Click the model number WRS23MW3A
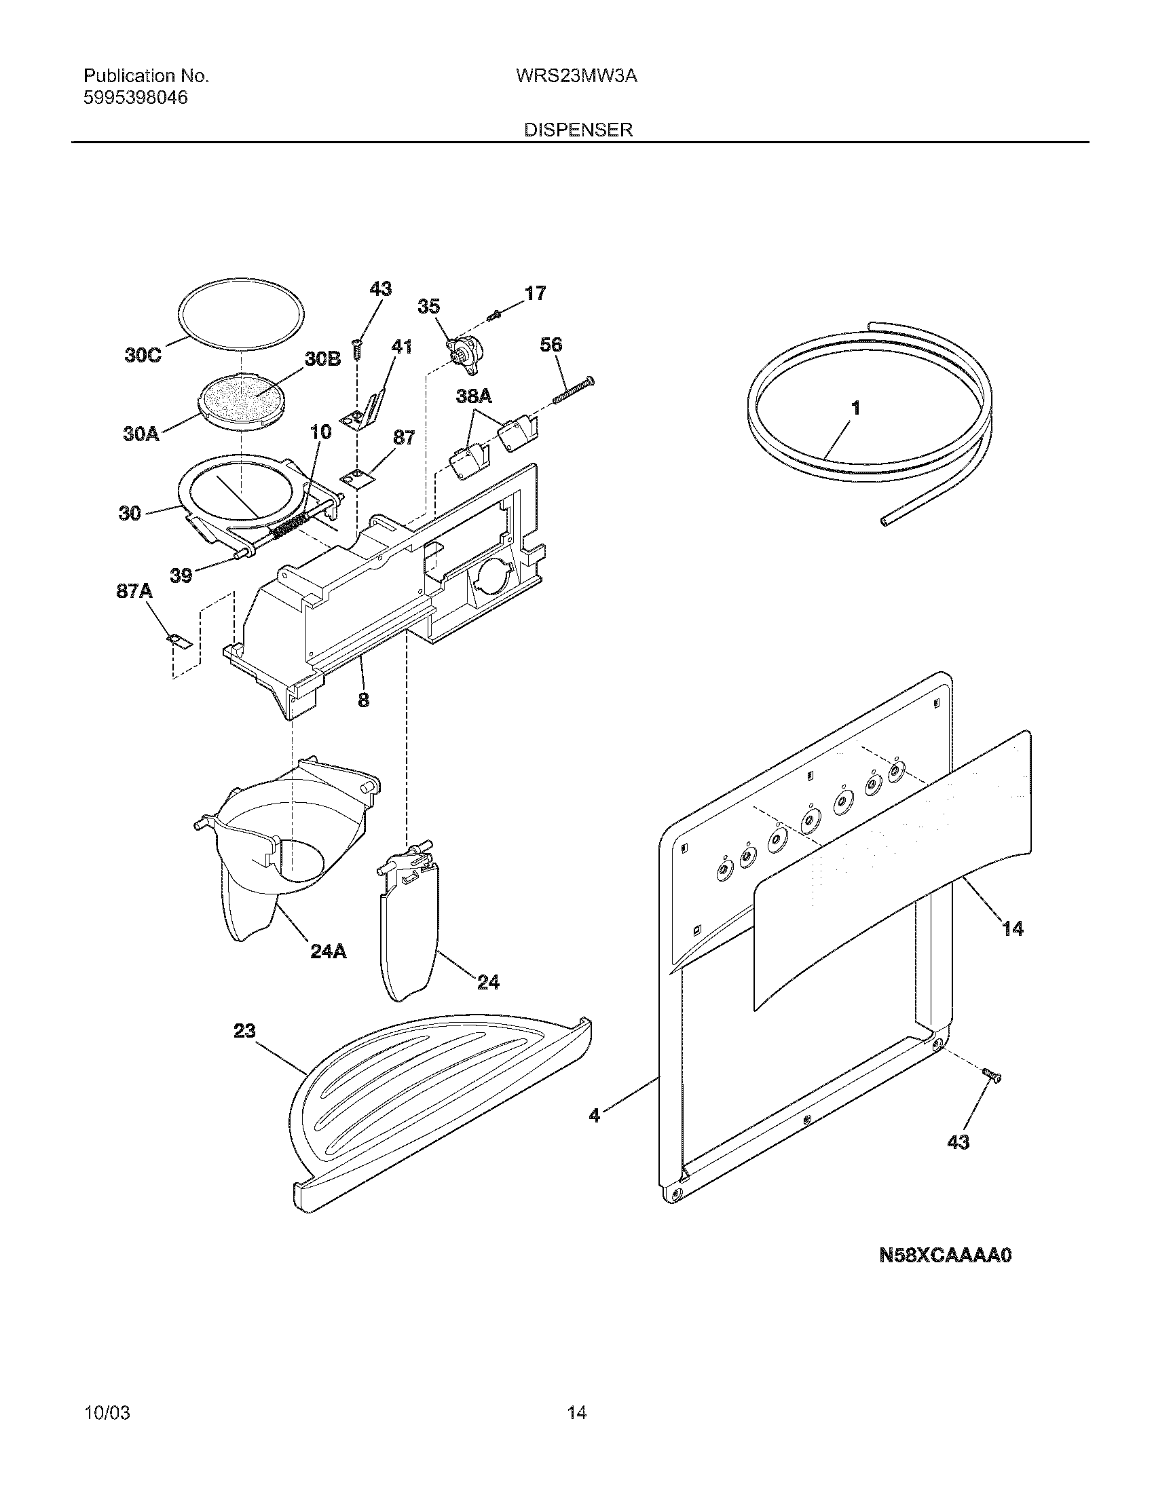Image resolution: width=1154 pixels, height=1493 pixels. pyautogui.click(x=577, y=77)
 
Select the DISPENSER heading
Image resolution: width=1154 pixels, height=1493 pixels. pyautogui.click(x=578, y=130)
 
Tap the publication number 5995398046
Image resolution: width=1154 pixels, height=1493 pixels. pyautogui.click(x=135, y=98)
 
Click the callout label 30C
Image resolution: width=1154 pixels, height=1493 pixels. pyautogui.click(x=143, y=356)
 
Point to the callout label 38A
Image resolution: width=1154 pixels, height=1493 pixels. pyautogui.click(x=474, y=396)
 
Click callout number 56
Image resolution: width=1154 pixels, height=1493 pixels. pyautogui.click(x=551, y=345)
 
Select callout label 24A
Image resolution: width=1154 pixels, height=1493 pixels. pyautogui.click(x=328, y=951)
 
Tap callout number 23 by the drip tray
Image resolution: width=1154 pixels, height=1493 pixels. pyautogui.click(x=244, y=1030)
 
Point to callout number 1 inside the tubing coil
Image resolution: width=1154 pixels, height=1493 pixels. pyautogui.click(x=855, y=408)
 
